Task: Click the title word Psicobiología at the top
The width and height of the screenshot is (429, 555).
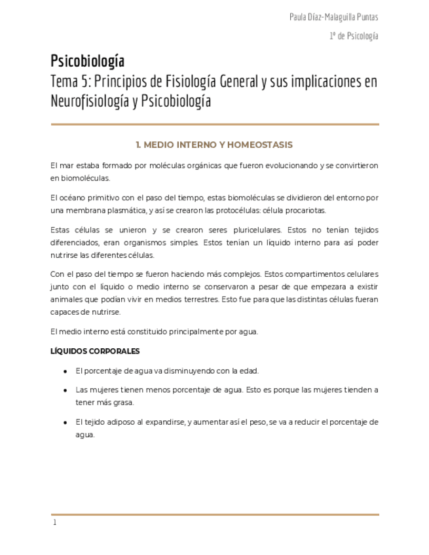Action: pos(87,62)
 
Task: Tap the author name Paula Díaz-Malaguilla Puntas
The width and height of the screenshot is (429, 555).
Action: pos(333,17)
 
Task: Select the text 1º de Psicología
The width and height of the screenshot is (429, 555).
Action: pos(354,36)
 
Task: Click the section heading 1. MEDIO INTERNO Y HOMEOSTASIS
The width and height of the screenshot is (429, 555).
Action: pos(214,145)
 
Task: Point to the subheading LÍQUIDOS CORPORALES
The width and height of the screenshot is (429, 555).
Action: pos(95,351)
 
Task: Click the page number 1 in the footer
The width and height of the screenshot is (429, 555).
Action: pos(55,522)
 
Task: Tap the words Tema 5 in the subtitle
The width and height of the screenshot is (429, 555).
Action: pos(71,82)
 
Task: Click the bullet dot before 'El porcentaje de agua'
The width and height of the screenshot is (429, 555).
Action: pos(65,371)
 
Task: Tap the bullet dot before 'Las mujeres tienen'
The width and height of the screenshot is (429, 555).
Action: pos(65,390)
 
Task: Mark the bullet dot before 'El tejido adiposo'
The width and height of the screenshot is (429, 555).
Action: pos(65,422)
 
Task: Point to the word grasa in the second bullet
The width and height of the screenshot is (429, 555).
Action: pos(123,403)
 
